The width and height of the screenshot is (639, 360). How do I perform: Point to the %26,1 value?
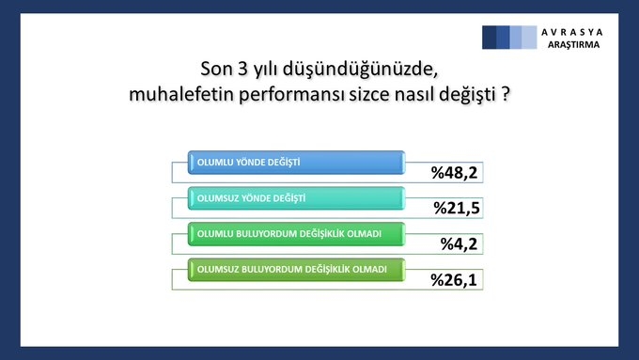pos(456,279)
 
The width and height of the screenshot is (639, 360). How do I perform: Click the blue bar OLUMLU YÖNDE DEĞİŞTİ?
pos(296,163)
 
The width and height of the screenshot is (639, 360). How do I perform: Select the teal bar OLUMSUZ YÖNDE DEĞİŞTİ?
pos(296,197)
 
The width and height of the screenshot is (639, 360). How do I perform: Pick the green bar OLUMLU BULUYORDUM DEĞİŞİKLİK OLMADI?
pos(296,232)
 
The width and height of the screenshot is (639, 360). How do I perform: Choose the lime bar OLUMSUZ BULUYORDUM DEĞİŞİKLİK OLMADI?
pos(296,268)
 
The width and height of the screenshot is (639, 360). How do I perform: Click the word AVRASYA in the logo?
pos(571,31)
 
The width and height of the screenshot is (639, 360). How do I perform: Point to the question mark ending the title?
pos(505,96)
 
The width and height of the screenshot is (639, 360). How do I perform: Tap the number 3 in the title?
pos(242,70)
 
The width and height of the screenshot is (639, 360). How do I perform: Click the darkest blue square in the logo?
pos(490,37)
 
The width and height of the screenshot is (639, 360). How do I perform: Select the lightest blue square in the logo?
pos(529,37)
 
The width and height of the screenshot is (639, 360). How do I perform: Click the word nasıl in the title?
pos(403,96)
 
